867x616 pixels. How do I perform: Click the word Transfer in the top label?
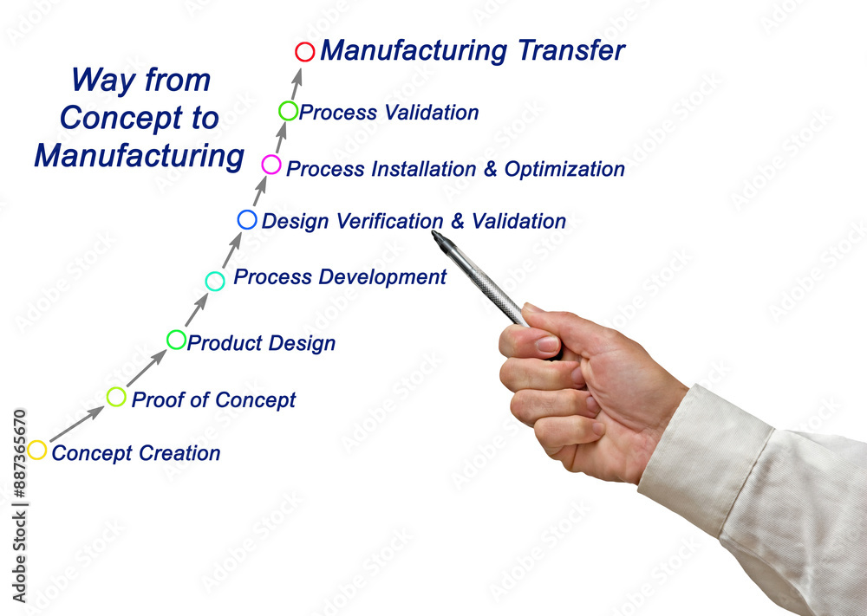click(571, 50)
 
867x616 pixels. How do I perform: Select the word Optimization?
click(564, 169)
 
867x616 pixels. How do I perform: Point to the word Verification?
click(390, 221)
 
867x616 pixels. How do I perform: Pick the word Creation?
click(179, 453)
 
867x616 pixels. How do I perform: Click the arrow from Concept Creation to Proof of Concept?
click(77, 424)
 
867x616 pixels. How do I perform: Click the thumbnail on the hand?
click(547, 344)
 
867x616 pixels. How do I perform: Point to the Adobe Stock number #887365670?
click(20, 455)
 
